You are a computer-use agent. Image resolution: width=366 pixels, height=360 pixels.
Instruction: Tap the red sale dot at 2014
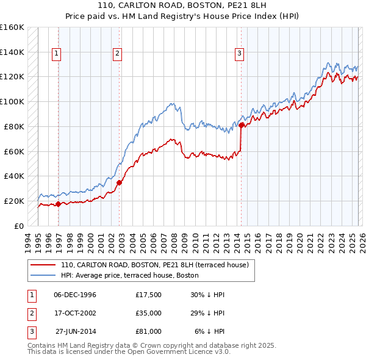[x=242, y=125]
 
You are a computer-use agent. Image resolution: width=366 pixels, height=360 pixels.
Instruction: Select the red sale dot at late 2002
[x=120, y=182]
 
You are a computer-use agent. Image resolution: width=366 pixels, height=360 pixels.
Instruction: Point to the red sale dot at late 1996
[x=59, y=204]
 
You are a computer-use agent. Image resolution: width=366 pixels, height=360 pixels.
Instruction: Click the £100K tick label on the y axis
[x=12, y=101]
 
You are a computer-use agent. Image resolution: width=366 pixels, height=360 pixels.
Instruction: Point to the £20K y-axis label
[x=15, y=201]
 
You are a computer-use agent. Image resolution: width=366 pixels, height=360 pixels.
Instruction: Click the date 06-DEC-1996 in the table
[x=75, y=295]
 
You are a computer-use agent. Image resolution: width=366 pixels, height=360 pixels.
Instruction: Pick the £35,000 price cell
[x=149, y=313]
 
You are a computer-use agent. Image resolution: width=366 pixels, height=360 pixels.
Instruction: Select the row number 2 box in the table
[x=32, y=313]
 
